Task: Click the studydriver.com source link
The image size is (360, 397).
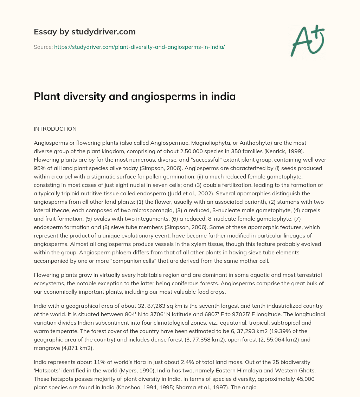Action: (x=139, y=47)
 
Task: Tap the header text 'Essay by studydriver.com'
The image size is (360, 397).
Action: (x=85, y=32)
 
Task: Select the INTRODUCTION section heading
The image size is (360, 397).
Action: (x=55, y=129)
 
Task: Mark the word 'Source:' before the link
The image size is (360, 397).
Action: (x=43, y=47)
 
